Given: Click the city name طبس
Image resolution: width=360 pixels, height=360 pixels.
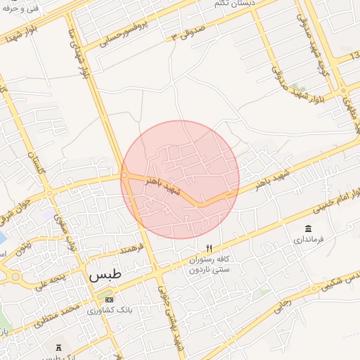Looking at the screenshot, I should point(105,276).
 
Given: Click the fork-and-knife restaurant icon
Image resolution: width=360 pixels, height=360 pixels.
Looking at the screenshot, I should point(208,248).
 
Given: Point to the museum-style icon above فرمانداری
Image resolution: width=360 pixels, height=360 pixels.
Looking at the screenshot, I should point(309,229).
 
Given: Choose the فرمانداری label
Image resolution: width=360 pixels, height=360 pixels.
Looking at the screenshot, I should point(309,240).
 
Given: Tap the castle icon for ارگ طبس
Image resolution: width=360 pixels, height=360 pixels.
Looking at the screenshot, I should point(59,347).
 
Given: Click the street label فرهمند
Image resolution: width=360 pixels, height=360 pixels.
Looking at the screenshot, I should point(131,249).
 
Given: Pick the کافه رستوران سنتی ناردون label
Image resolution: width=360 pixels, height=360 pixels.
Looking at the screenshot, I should point(208,264).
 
